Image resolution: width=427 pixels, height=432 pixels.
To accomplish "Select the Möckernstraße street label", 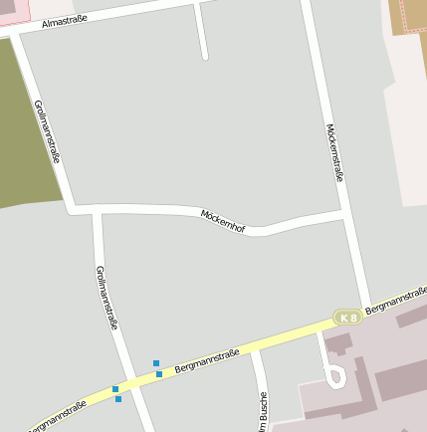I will coord(334,152).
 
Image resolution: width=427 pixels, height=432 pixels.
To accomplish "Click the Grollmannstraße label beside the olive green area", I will coord(48,130).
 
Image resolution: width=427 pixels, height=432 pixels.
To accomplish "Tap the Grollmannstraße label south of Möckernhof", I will coord(107,297).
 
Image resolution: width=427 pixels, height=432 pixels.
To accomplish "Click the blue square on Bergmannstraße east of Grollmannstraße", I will coord(159,374).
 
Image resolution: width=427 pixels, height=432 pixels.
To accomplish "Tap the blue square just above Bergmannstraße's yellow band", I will coord(156,363).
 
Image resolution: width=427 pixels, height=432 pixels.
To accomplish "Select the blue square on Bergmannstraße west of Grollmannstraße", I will coord(115,388).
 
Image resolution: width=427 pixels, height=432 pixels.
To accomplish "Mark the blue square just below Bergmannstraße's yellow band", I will coord(118,399).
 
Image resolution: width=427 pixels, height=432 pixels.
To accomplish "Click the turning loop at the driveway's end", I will coord(335,377).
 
